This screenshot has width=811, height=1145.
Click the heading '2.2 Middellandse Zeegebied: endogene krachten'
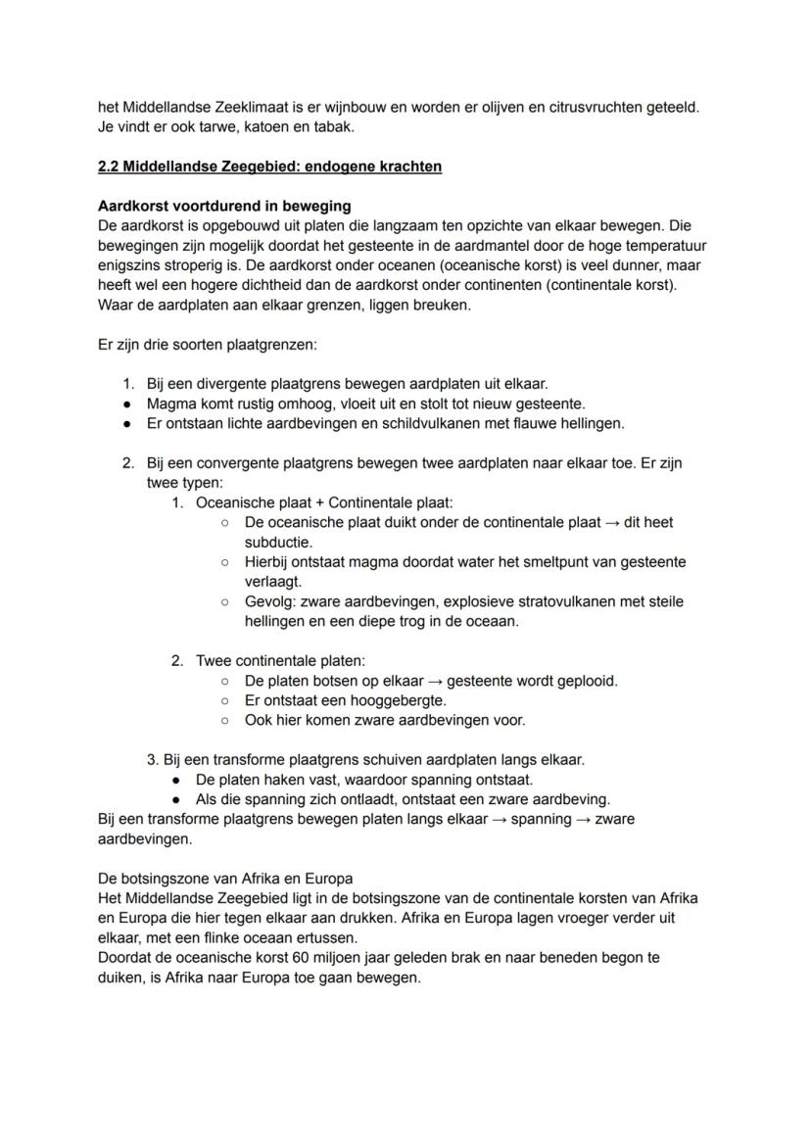coord(269,167)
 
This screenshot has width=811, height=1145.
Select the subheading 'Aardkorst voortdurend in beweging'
coord(224,207)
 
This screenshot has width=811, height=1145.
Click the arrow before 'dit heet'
coord(611,522)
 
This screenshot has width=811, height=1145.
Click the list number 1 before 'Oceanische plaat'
coord(177,502)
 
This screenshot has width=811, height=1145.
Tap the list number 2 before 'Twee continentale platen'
coord(177,661)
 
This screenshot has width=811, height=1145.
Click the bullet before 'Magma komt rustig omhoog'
coord(127,405)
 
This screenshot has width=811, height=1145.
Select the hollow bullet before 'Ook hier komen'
coord(224,720)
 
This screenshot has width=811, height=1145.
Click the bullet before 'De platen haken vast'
coord(175,780)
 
